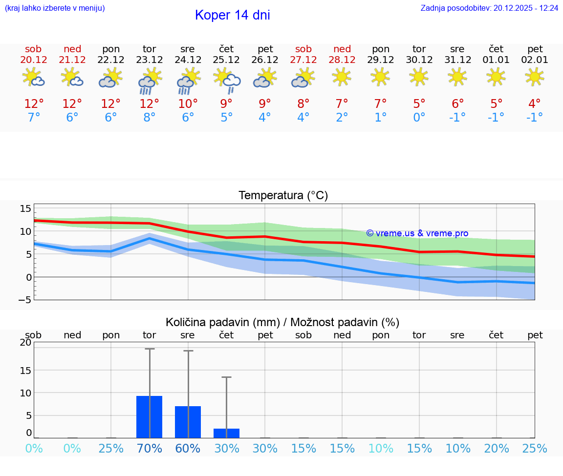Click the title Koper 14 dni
(x=232, y=15)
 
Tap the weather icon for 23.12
(x=149, y=81)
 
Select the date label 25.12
(x=226, y=60)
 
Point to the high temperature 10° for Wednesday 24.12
(x=188, y=103)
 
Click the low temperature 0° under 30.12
(x=419, y=117)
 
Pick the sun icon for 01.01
(x=496, y=76)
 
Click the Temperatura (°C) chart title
(x=283, y=196)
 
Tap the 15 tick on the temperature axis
(x=25, y=208)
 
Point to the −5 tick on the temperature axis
(x=25, y=300)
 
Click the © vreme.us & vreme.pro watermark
(x=417, y=233)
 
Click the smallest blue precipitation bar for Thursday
(x=226, y=433)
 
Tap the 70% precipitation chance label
(x=149, y=449)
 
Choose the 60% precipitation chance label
(x=188, y=449)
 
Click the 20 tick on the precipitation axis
(x=25, y=343)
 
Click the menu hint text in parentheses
(x=55, y=8)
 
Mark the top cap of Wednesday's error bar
(x=188, y=351)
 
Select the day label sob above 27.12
(x=303, y=49)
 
